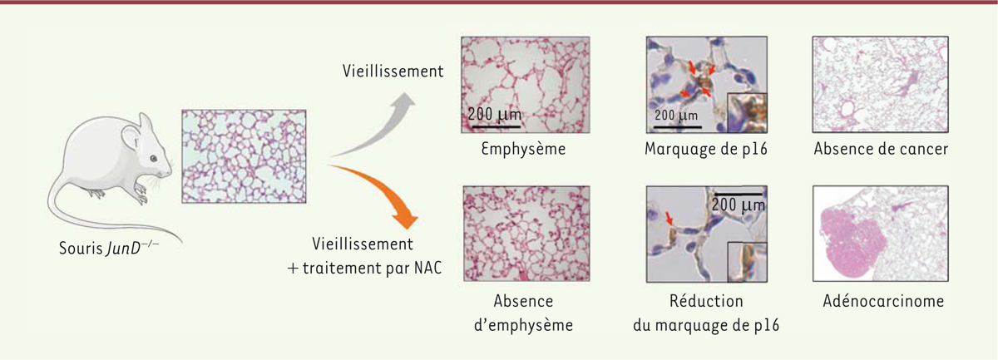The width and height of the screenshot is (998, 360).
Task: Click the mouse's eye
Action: (153, 159)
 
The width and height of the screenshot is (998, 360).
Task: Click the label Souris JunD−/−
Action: (109, 248)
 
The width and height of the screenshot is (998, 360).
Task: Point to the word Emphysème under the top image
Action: (523, 149)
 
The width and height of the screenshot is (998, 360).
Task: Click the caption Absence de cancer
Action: (881, 149)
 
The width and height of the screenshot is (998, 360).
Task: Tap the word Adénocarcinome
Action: (883, 301)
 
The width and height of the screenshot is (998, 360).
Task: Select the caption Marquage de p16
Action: (706, 149)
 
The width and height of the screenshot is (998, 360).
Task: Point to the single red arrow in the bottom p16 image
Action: (669, 218)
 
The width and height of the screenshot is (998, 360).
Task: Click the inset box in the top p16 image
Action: (747, 113)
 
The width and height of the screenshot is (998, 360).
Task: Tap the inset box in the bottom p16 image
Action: (747, 262)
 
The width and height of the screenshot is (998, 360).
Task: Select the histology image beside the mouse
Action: (244, 156)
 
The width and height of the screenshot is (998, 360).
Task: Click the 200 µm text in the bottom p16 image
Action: (739, 205)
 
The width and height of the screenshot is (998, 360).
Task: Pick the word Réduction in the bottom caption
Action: (706, 301)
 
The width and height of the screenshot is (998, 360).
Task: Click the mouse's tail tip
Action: (181, 242)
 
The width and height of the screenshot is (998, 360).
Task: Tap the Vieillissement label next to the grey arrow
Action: (393, 72)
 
